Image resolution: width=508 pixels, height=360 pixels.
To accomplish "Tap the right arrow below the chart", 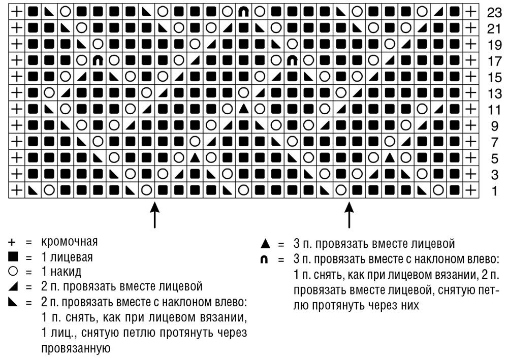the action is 349,215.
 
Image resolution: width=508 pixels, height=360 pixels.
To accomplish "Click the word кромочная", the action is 69,241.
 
